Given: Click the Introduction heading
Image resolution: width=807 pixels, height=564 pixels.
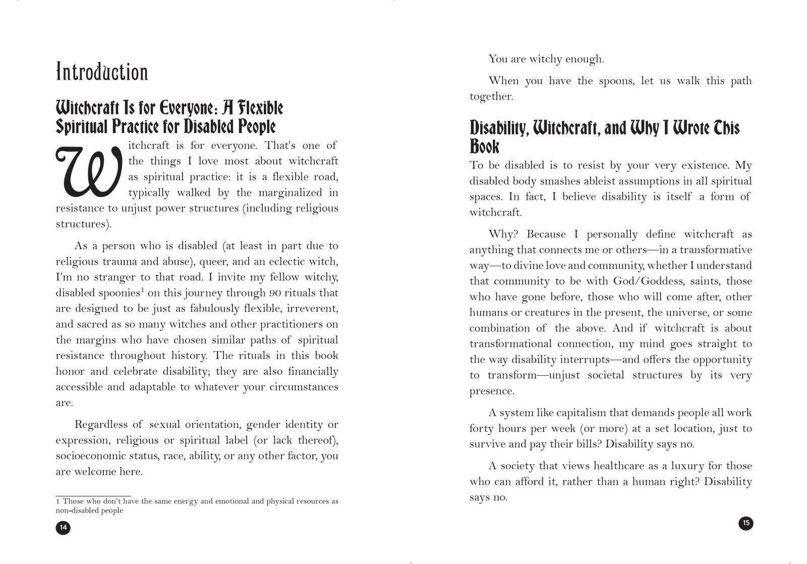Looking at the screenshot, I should [102, 72].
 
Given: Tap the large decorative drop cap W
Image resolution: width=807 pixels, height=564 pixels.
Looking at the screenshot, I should [89, 172].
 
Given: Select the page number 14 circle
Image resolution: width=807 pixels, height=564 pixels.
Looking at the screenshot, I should [63, 528].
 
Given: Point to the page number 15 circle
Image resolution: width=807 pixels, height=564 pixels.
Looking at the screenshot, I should [746, 523].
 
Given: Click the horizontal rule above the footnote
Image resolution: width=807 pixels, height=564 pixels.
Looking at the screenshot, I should [93, 496].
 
